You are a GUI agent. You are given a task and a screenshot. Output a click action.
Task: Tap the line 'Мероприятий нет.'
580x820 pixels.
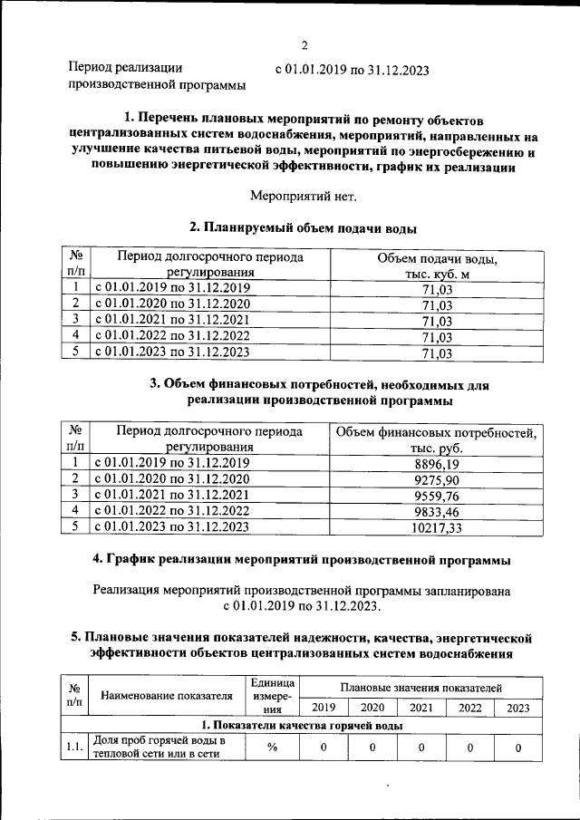pos(304,195)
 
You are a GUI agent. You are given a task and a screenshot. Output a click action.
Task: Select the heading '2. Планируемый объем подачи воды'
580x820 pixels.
pos(304,227)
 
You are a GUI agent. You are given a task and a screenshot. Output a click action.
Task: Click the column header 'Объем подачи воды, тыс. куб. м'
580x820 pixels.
pos(437,265)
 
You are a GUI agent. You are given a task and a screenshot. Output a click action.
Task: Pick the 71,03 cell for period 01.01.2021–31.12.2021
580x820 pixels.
pos(437,321)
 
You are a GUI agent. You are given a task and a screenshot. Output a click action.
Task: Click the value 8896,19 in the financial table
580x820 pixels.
pos(436,463)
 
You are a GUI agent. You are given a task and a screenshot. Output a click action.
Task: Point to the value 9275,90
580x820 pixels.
pos(436,479)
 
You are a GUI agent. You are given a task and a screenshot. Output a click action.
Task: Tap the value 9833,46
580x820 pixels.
pos(436,511)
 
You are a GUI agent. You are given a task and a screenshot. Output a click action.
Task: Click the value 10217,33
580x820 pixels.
pos(436,527)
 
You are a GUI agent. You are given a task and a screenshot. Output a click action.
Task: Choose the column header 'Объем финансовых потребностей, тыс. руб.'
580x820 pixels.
pos(436,439)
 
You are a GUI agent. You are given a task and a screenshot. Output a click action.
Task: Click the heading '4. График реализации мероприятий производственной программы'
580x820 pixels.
pos(303,560)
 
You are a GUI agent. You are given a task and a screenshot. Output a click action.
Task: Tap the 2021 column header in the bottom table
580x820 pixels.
pos(420,708)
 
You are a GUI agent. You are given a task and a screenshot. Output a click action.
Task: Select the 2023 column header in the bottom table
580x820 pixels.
pos(518,708)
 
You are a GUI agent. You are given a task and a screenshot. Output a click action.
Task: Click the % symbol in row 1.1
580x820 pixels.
pos(272,748)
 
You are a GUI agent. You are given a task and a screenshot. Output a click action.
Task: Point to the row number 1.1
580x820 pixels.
pos(72,748)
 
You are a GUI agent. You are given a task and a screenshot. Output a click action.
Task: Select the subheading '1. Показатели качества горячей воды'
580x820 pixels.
pos(302,727)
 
